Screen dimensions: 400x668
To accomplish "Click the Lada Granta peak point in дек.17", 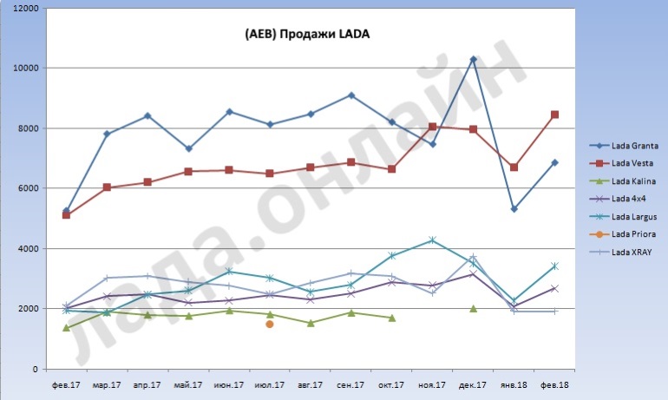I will coord(473,59).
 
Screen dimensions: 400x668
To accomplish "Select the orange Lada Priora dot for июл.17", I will coord(270,324).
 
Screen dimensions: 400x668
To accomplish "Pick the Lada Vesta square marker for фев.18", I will coord(554,115).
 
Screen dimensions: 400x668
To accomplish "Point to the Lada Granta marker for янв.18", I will coord(514,209).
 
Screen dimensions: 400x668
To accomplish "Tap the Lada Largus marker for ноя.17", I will coord(432,240).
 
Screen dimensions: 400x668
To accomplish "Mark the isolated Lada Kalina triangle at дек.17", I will coord(473,308).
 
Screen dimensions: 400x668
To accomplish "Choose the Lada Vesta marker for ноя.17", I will coord(432,127).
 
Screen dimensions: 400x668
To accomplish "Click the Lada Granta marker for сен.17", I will coord(351,95).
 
